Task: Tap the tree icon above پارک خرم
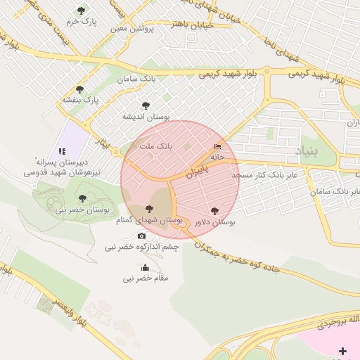[82, 11]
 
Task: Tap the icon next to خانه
[217, 147]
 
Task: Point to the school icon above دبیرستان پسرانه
[62, 150]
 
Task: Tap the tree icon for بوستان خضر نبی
[82, 198]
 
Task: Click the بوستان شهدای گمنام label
[149, 221]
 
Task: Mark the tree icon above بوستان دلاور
[214, 210]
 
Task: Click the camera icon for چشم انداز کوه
[141, 236]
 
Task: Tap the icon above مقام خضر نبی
[146, 267]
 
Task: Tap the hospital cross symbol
[342, 351]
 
